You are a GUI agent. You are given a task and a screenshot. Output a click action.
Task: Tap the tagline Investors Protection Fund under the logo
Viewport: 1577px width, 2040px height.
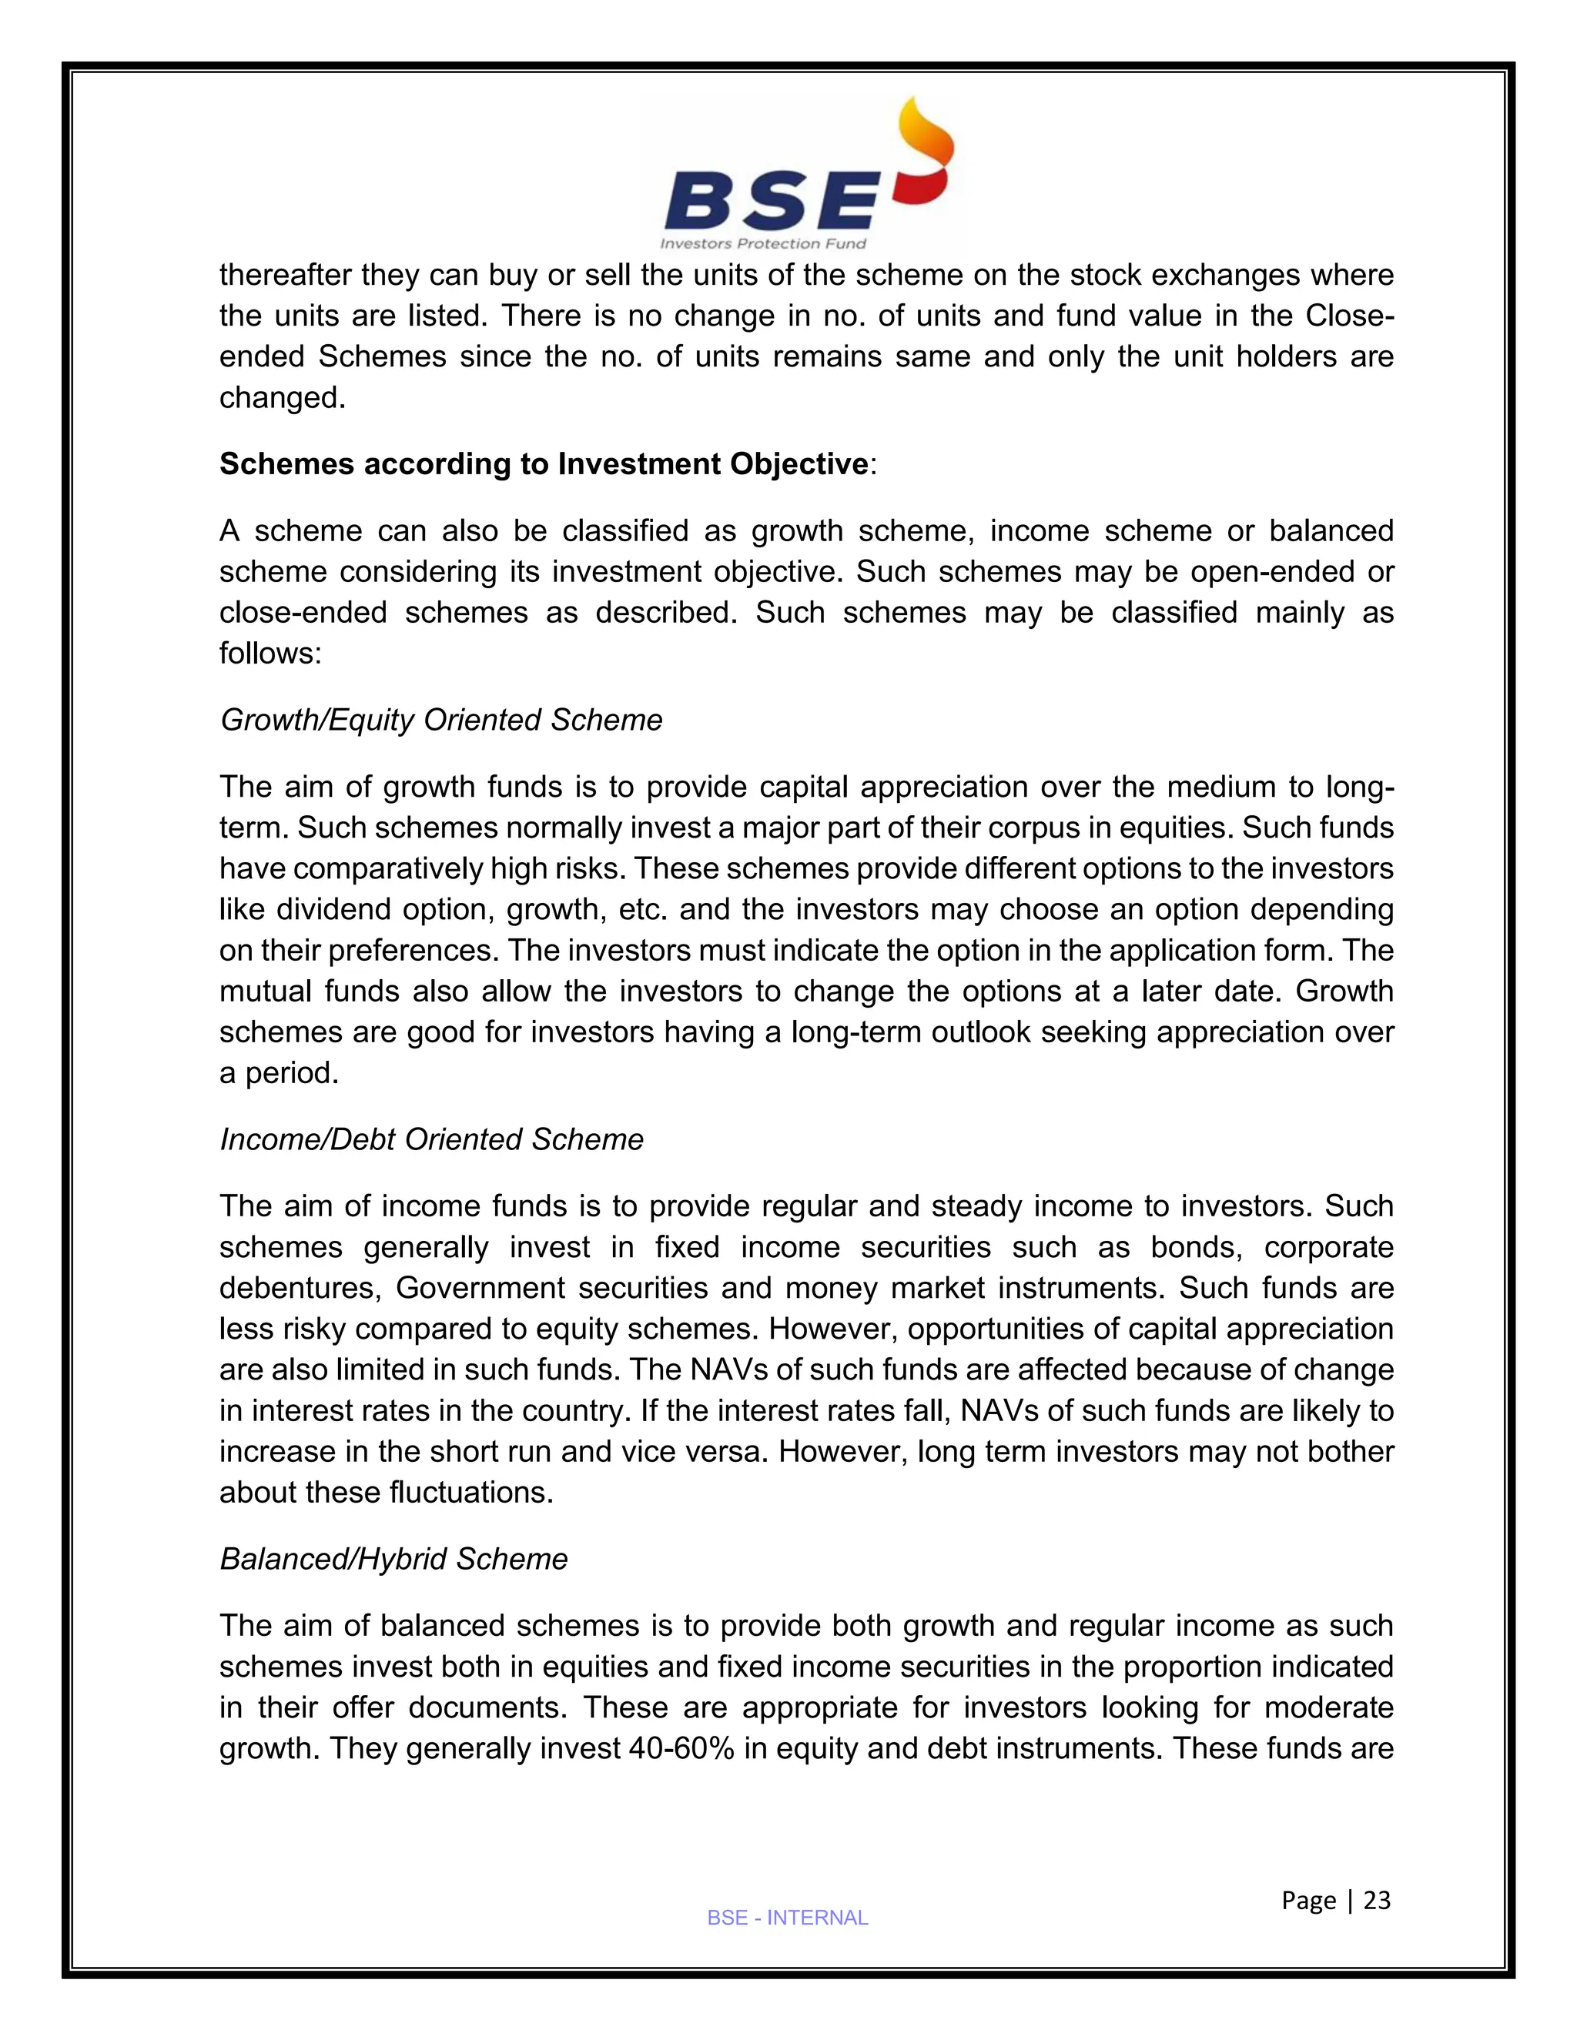click(x=763, y=244)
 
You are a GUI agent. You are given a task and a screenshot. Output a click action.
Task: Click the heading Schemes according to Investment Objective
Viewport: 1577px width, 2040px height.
click(x=544, y=464)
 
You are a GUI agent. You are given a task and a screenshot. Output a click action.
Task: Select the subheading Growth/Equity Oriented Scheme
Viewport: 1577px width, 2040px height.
click(x=441, y=721)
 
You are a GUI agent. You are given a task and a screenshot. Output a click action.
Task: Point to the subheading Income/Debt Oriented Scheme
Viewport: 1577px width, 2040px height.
click(x=432, y=1139)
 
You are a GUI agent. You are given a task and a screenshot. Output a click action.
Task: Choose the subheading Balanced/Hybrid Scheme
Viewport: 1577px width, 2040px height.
click(x=393, y=1559)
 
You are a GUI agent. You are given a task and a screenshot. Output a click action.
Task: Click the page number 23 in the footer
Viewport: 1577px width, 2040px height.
click(x=1377, y=1900)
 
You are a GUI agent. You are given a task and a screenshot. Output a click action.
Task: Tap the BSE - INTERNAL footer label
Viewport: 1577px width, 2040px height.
click(x=788, y=1918)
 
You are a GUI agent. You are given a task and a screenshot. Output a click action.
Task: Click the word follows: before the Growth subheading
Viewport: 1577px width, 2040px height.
click(x=270, y=654)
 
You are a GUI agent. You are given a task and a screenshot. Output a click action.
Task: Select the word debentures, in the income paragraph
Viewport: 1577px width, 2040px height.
click(x=300, y=1288)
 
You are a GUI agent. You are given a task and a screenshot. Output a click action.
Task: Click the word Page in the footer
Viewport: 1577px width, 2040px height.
click(x=1309, y=1900)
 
